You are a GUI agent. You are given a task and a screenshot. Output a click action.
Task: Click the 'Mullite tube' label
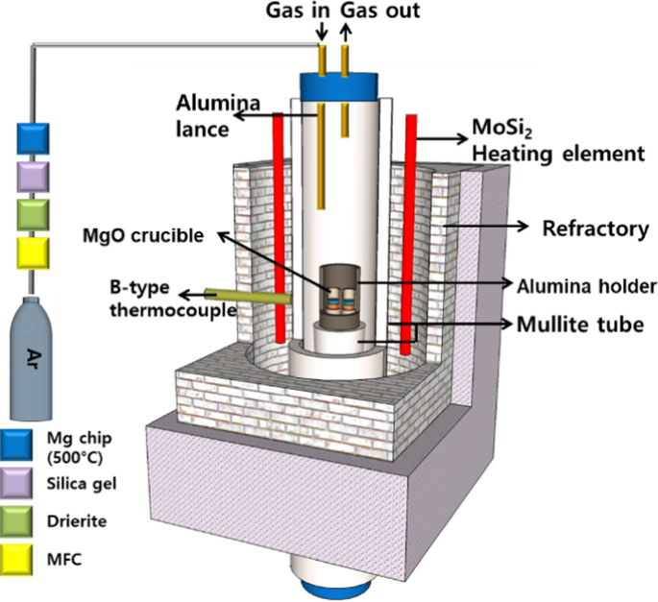[x=586, y=324]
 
